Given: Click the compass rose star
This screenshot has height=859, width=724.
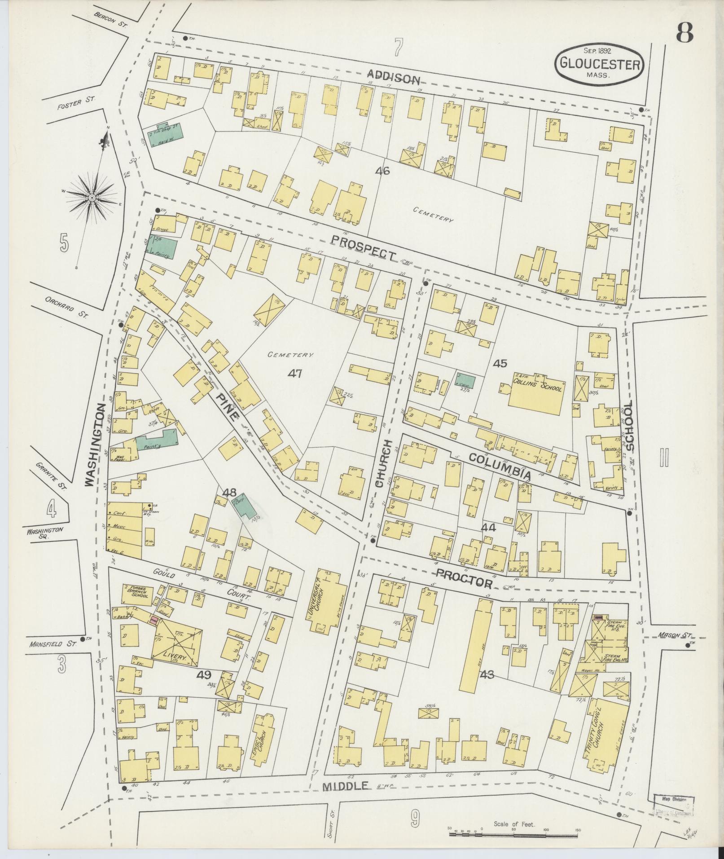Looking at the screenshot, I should click(92, 198).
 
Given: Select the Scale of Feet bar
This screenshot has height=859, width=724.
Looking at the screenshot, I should click(513, 834).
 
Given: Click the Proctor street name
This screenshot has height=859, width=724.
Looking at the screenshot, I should click(464, 578).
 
